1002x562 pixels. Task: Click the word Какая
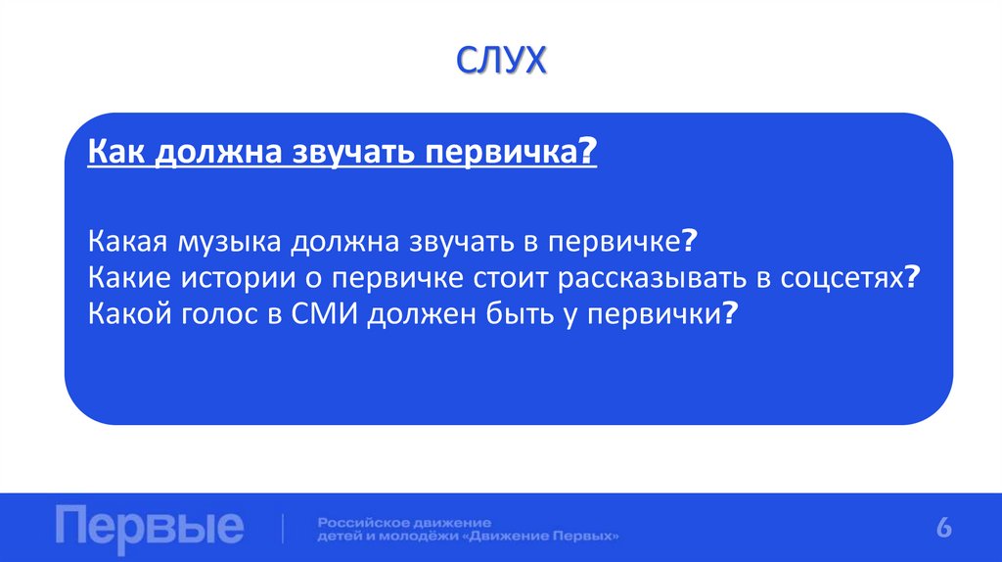tap(127, 242)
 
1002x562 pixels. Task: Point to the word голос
tap(210, 313)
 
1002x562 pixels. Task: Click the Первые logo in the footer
tap(150, 527)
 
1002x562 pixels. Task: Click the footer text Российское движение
tap(403, 522)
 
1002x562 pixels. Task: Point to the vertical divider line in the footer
tap(283, 528)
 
